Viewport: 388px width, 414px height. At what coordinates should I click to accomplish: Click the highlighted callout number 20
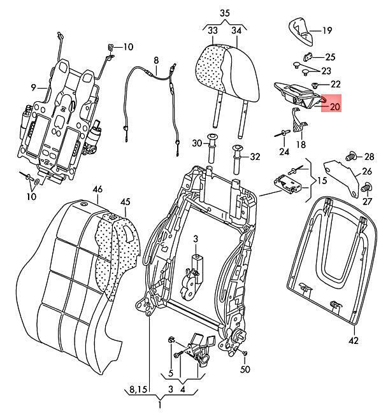(x=334, y=106)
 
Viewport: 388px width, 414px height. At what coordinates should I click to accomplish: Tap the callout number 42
(x=353, y=341)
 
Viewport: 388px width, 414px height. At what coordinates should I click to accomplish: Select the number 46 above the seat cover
(x=97, y=189)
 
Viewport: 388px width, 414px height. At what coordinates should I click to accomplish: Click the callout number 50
(x=245, y=369)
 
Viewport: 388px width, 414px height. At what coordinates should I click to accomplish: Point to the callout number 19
(x=327, y=30)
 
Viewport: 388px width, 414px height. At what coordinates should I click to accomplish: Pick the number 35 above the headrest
(x=224, y=13)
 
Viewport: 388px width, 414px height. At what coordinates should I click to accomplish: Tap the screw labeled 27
(x=366, y=188)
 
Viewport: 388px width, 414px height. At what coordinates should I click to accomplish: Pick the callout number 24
(x=284, y=151)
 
